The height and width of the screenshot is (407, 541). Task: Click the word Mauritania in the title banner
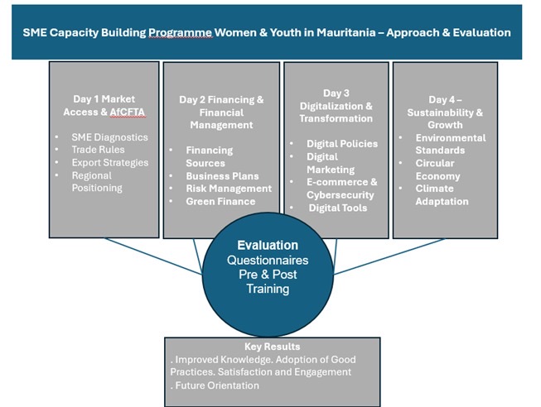click(x=346, y=32)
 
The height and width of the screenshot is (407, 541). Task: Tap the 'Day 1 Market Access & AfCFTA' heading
click(x=104, y=105)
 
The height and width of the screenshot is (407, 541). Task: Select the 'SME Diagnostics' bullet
click(x=109, y=137)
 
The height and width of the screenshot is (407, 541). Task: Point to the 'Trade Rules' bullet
click(x=98, y=150)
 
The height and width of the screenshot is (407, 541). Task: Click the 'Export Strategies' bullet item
click(x=110, y=162)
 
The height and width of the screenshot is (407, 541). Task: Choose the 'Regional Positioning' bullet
click(x=97, y=182)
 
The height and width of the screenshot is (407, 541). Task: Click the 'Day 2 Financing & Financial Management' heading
click(x=221, y=113)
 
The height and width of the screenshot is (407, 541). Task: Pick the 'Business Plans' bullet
click(x=222, y=176)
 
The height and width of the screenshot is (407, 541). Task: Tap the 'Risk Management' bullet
click(x=229, y=189)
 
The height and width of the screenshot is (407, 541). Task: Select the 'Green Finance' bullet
click(x=220, y=201)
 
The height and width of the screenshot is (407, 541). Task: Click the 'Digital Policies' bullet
click(x=342, y=144)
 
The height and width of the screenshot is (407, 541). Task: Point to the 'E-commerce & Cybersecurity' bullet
click(x=341, y=188)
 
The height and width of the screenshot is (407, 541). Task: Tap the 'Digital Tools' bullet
click(x=338, y=208)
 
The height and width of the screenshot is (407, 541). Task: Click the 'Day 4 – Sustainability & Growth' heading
click(x=445, y=113)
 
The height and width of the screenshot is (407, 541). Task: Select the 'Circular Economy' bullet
click(x=437, y=170)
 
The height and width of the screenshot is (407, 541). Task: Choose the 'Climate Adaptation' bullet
click(x=442, y=194)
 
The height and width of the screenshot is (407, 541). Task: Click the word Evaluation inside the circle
click(x=268, y=245)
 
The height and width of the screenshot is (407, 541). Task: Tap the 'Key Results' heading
click(x=273, y=347)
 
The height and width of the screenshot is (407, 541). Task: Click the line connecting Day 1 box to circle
click(x=152, y=256)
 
